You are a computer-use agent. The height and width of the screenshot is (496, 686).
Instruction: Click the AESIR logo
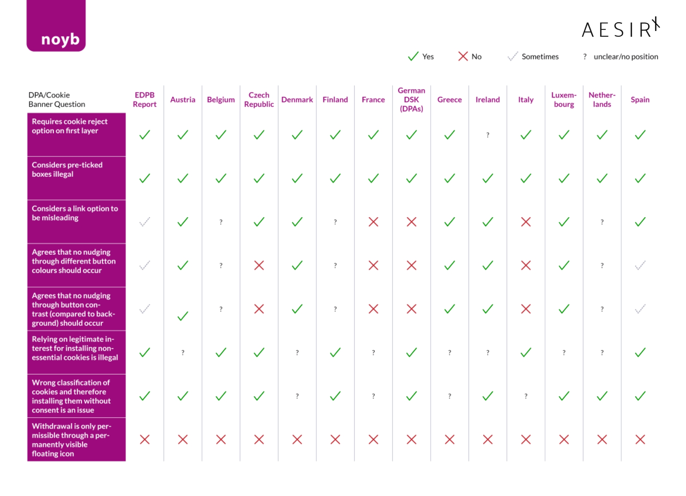coord(620,28)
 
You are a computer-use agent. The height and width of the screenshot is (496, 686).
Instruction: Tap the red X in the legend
coord(463,56)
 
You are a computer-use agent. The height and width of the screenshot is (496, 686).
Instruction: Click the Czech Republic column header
coord(259,99)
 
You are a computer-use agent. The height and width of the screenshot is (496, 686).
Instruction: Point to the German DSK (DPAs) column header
coord(411,99)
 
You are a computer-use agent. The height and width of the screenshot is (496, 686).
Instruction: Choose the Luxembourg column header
coord(564,99)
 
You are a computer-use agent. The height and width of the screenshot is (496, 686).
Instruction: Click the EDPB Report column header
coord(145,99)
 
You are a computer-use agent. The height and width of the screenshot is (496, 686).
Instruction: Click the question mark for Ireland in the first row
coord(488,135)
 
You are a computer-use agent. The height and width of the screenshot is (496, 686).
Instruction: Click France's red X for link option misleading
coord(373,222)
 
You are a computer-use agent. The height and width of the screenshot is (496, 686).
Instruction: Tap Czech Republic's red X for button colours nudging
coord(259,265)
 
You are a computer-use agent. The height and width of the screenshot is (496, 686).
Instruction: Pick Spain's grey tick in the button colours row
coord(640,265)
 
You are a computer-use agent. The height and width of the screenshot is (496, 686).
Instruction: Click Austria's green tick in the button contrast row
coord(183,316)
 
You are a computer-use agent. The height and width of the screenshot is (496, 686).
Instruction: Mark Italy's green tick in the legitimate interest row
coord(526,352)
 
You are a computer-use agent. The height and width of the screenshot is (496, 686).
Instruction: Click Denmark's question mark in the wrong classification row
coord(297,396)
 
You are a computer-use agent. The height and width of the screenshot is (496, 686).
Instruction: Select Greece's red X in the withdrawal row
coord(450,440)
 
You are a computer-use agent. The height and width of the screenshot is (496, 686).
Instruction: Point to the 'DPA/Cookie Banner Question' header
coord(57,99)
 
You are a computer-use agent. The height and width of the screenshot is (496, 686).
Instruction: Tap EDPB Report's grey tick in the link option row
coord(145,222)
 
